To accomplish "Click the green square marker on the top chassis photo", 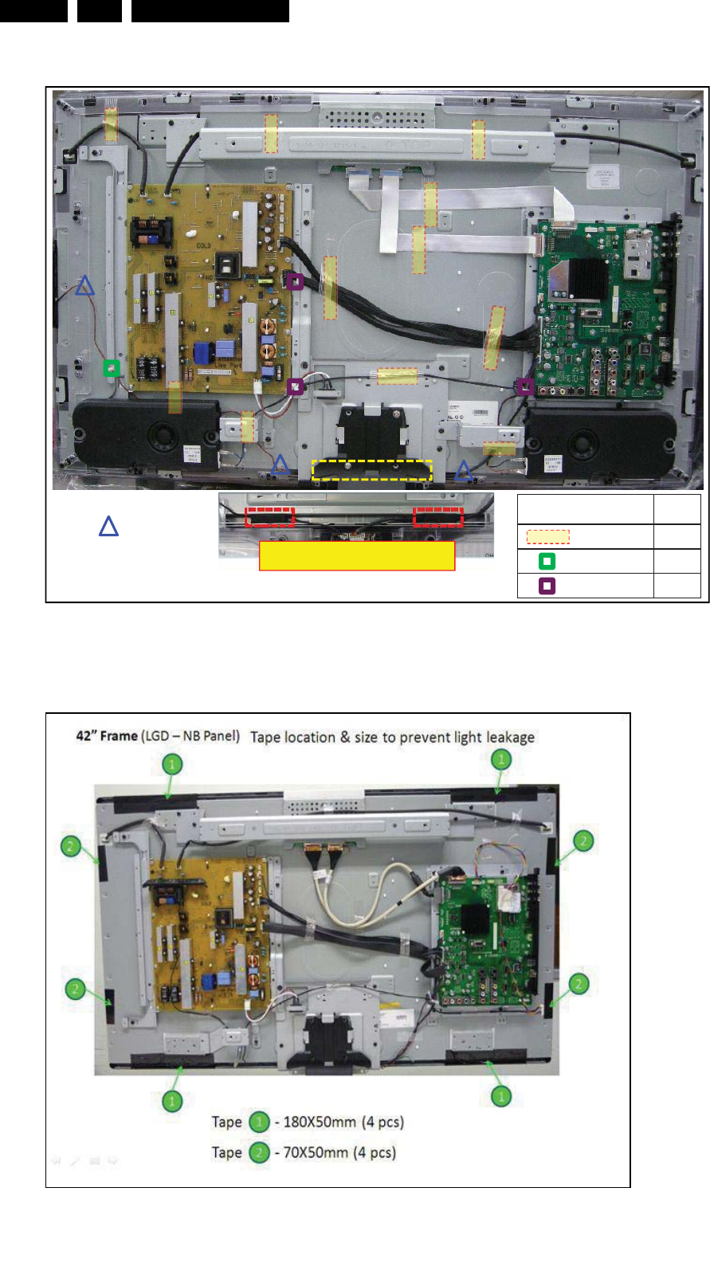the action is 112,367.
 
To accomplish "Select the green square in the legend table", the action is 547,561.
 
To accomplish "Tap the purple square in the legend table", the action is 547,586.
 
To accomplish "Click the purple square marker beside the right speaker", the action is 525,386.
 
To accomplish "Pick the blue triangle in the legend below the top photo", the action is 108,527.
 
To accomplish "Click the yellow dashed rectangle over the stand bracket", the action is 372,470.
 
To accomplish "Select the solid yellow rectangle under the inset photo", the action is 357,556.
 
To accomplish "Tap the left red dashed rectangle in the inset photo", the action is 269,516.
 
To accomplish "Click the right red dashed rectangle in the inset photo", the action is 438,516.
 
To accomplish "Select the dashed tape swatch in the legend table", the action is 548,537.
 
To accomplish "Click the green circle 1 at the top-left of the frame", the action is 172,765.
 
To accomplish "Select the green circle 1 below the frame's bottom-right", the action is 500,1096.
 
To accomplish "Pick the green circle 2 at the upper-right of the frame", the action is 583,841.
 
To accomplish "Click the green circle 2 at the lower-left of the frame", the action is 75,989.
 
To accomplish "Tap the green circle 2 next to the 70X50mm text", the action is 259,1152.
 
